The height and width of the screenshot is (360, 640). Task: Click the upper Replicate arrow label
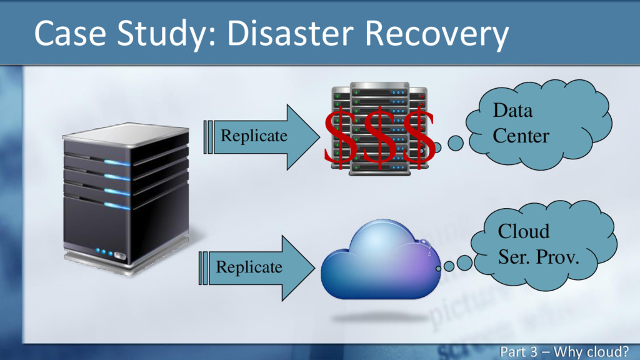pyautogui.click(x=253, y=136)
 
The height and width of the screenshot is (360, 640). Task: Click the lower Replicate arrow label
pyautogui.click(x=249, y=267)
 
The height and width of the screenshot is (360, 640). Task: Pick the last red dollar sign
pyautogui.click(x=419, y=137)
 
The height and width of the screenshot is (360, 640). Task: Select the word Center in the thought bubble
pyautogui.click(x=521, y=135)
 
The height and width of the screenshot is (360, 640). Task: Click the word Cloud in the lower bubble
pyautogui.click(x=524, y=231)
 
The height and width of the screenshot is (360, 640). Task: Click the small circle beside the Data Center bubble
pyautogui.click(x=456, y=144)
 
